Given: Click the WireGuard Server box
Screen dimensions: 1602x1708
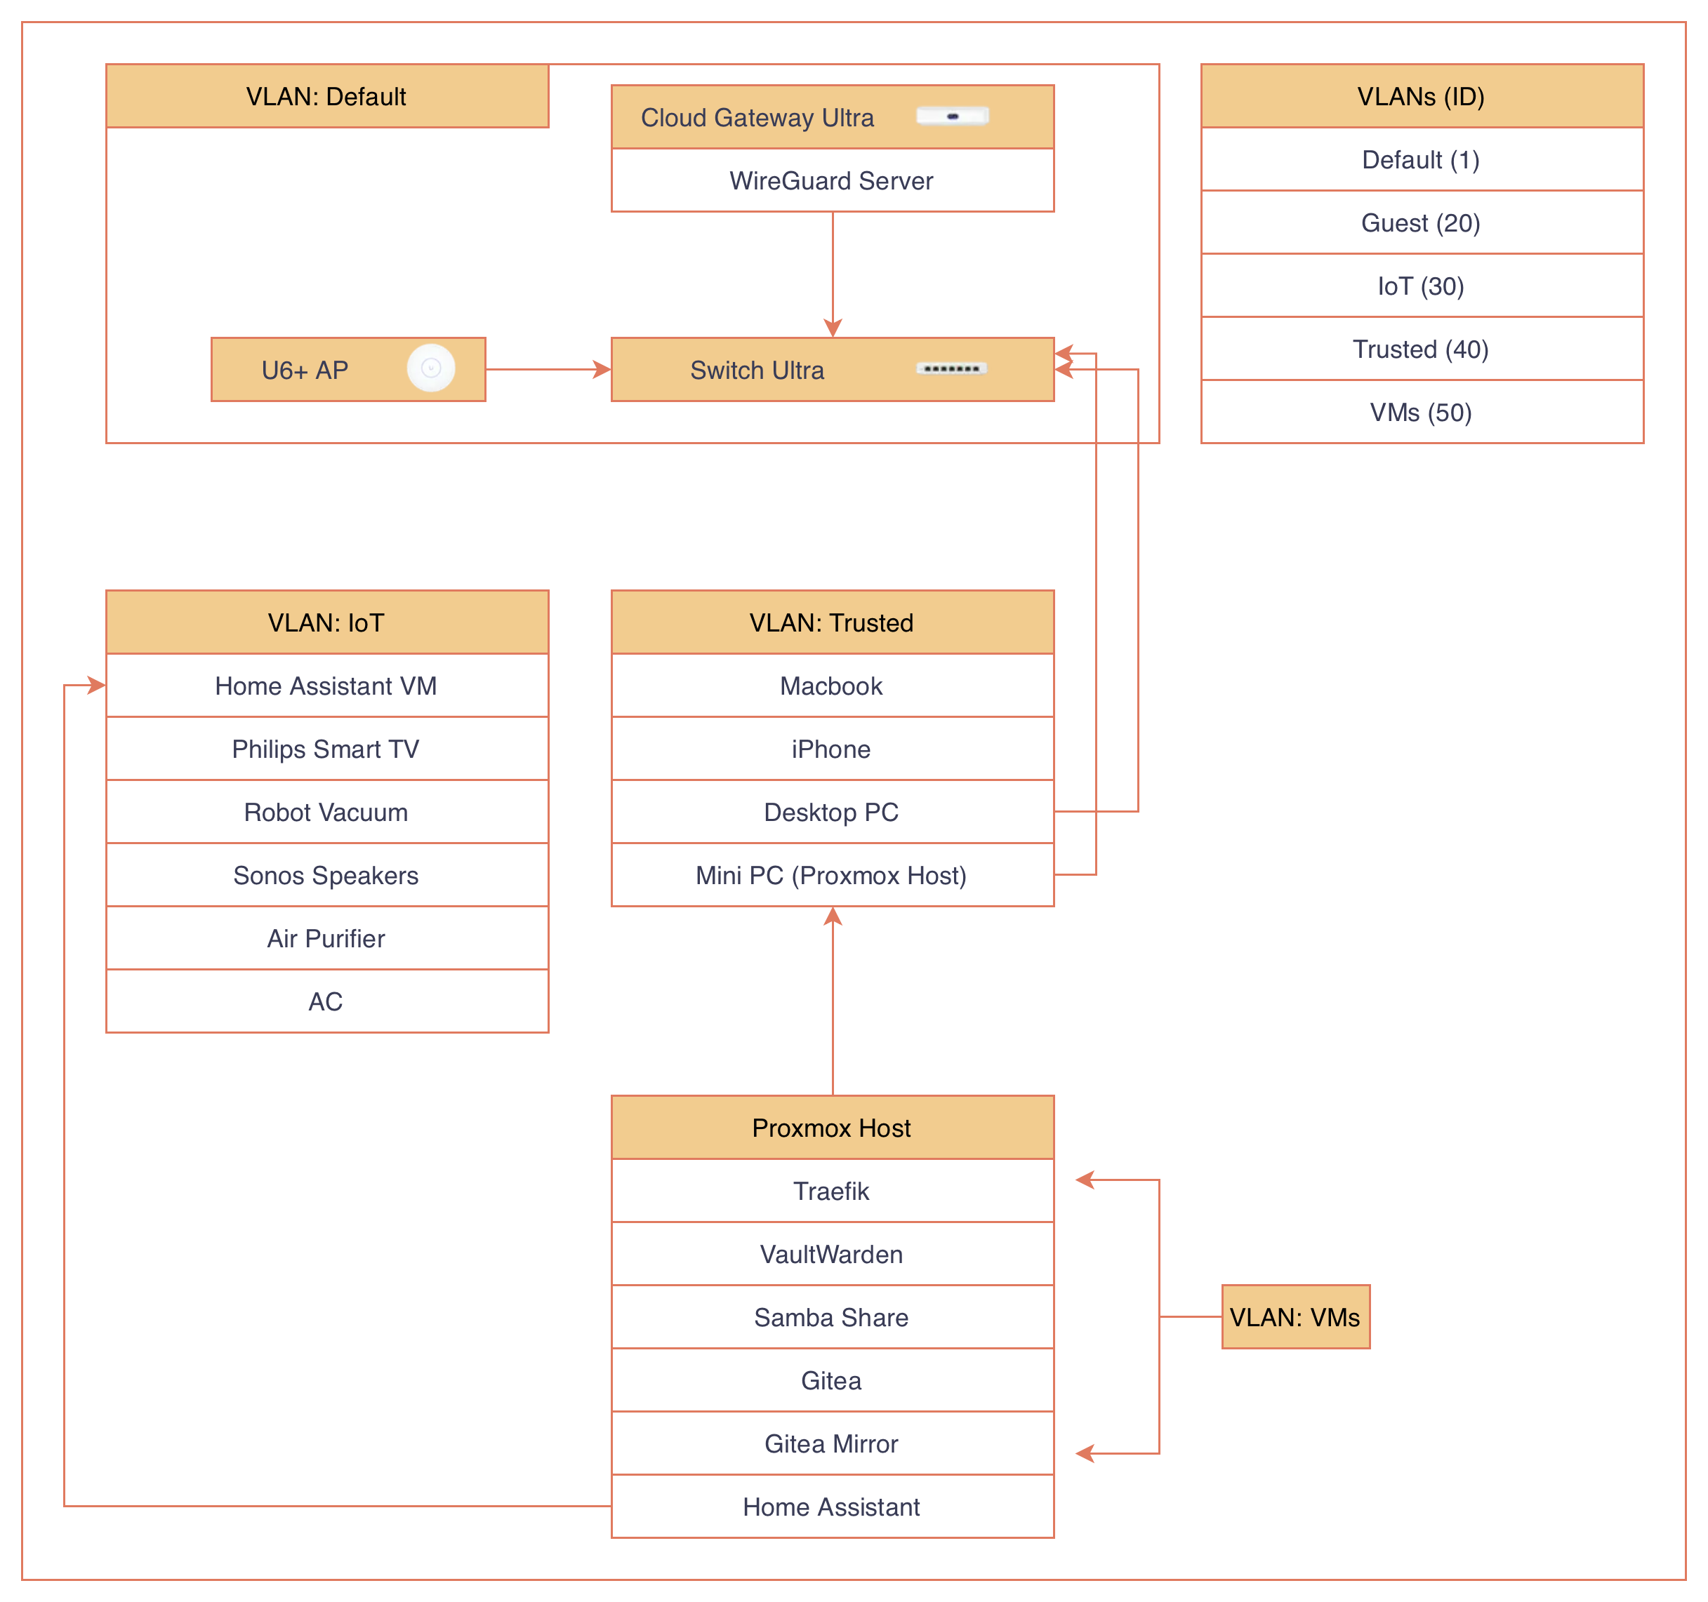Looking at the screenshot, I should [832, 180].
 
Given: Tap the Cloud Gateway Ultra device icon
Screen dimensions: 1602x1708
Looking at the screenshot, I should [952, 116].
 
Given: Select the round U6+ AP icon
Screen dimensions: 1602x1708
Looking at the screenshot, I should [430, 368].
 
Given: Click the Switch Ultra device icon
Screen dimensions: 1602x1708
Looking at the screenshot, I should [951, 368].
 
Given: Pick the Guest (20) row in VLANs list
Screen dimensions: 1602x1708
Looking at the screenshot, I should [1421, 222].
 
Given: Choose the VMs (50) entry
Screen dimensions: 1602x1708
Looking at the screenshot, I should [1421, 413].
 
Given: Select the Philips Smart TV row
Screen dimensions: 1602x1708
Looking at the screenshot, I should [326, 749].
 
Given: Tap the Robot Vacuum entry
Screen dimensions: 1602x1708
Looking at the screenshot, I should [326, 812].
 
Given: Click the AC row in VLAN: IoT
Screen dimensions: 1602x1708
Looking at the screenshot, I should [326, 1001].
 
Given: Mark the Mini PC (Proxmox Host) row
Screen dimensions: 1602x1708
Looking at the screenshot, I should [832, 875].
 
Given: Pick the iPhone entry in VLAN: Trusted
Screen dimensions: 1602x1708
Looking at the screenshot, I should [832, 749].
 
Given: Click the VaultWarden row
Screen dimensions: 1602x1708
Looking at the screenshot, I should [832, 1254].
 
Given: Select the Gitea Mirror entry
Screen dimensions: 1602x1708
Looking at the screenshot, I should [832, 1444].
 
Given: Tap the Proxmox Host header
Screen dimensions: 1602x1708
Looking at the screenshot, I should [832, 1128].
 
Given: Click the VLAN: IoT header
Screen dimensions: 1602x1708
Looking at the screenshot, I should [326, 622].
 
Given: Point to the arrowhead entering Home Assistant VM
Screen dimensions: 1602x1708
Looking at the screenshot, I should [97, 686].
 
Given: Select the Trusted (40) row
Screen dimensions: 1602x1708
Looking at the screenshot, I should [1421, 349].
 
